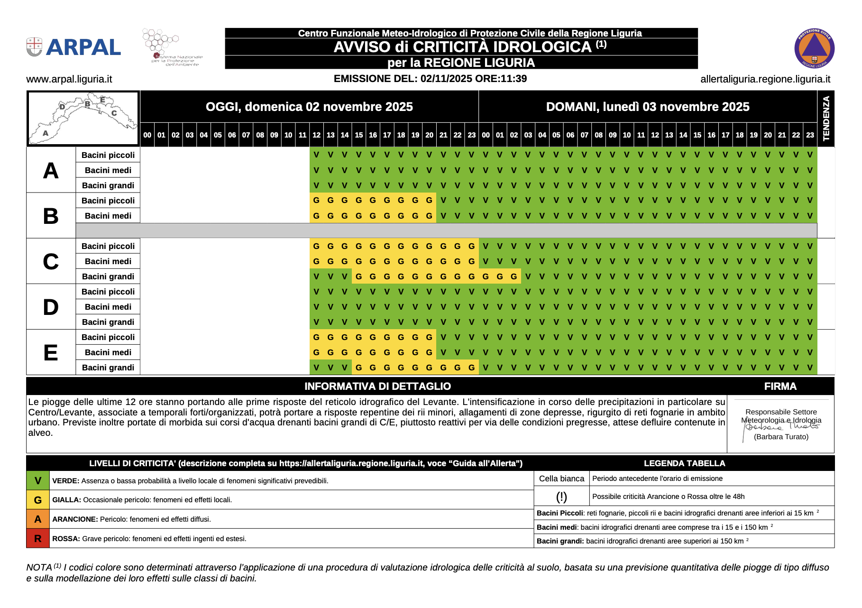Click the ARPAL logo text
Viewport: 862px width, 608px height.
[x=83, y=47]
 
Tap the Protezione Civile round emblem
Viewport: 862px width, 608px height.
[x=814, y=48]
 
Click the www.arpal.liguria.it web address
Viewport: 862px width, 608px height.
[x=69, y=79]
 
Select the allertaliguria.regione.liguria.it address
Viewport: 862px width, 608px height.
[x=765, y=79]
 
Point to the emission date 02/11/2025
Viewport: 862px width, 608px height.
[x=447, y=79]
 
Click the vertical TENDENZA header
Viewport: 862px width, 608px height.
[x=826, y=119]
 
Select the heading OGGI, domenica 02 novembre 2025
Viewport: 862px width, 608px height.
[x=309, y=107]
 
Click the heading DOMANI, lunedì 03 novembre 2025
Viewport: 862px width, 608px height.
[x=648, y=107]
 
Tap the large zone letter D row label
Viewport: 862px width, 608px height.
[x=51, y=307]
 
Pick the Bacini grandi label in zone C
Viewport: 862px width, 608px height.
[x=108, y=276]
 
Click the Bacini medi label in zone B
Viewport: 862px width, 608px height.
[x=108, y=216]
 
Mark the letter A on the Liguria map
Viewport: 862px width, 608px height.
[x=46, y=133]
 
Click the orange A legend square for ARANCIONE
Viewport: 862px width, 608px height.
[x=38, y=519]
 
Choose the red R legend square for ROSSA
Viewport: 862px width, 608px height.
[x=38, y=539]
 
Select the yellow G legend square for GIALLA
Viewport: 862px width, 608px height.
[x=38, y=500]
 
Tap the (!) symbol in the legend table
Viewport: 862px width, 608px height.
[x=561, y=497]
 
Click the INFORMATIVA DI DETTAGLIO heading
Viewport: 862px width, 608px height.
[x=377, y=386]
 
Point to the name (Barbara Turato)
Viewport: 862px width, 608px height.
[x=781, y=437]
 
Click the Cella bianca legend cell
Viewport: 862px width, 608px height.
[x=561, y=479]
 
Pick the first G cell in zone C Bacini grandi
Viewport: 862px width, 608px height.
[x=359, y=276]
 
